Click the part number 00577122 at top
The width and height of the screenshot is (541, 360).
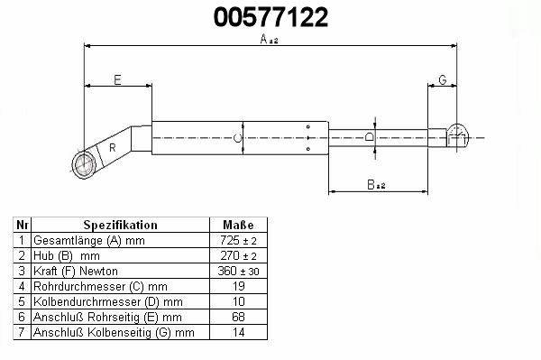(x=270, y=17)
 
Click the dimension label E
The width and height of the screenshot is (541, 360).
(x=117, y=80)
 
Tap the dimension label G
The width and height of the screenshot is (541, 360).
(x=443, y=79)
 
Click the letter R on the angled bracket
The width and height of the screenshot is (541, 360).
(x=112, y=148)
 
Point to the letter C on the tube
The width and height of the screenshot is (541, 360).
(x=237, y=138)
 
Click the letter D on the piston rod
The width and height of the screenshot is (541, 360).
(x=369, y=137)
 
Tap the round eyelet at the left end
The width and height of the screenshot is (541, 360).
(x=84, y=164)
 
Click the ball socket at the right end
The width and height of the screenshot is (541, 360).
(x=457, y=136)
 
